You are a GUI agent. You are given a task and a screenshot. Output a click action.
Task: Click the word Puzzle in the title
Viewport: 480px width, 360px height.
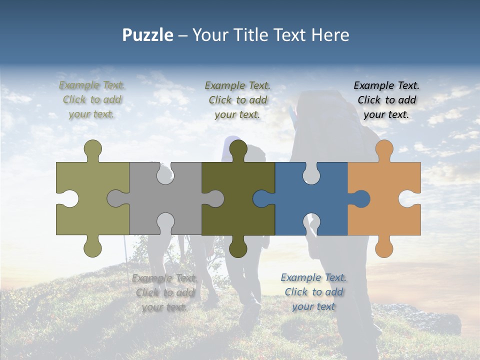(147, 35)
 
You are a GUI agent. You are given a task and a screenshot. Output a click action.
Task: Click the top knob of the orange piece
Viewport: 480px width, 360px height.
(384, 150)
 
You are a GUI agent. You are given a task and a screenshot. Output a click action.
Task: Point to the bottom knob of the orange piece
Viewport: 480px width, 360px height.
(384, 247)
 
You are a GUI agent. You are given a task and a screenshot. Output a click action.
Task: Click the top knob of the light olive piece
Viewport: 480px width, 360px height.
(92, 150)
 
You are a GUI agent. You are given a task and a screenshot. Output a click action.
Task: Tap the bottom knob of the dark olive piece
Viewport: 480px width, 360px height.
(238, 247)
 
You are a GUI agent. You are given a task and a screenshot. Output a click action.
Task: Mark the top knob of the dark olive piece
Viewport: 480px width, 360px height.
(238, 150)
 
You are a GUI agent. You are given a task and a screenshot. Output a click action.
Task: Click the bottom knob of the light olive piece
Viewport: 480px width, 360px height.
(92, 247)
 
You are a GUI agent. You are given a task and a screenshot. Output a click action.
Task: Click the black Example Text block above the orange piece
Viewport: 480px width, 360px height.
(386, 100)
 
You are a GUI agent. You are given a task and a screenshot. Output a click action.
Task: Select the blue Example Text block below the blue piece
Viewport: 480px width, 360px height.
(313, 292)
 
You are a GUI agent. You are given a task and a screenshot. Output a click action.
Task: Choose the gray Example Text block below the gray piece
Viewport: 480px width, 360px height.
(164, 292)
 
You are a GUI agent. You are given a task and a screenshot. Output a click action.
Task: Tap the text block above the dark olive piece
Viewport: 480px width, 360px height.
(237, 100)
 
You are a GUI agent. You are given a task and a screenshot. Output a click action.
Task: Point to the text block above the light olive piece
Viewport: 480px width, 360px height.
(92, 99)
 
